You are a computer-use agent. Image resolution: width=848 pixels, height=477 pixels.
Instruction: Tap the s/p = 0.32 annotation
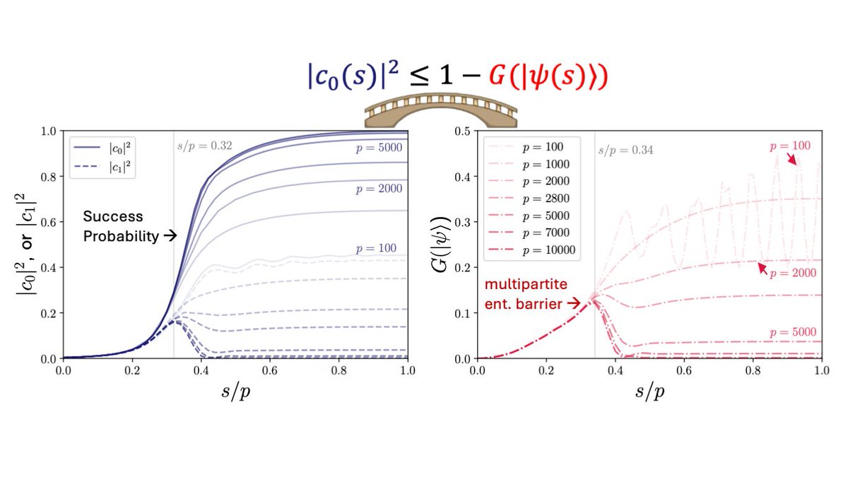click(x=204, y=147)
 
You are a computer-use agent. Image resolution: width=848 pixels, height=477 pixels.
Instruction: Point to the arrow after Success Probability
click(x=170, y=236)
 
